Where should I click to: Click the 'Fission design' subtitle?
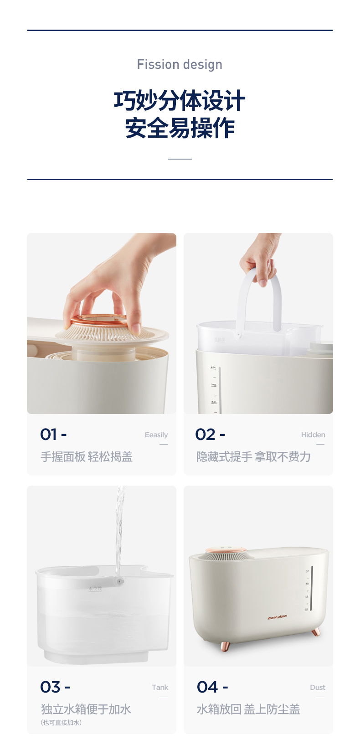pos(180,65)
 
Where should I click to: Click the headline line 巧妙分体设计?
pos(180,101)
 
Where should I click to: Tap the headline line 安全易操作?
pos(180,128)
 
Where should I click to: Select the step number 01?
pos(49,435)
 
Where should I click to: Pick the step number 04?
pos(207,687)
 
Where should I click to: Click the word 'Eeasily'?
pos(156,435)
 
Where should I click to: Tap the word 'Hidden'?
pos(313,435)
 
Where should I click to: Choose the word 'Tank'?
pos(160,688)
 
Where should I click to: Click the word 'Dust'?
pos(318,688)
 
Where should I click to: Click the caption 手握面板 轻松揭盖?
pos(87,457)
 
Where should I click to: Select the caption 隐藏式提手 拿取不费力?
pos(253,457)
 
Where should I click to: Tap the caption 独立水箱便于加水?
pos(86,709)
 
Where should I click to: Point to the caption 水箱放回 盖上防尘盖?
pos(248,709)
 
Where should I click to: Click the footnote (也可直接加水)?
pos(61,723)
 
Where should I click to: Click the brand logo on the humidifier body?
pos(277,618)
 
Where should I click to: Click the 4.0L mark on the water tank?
pos(214,367)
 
